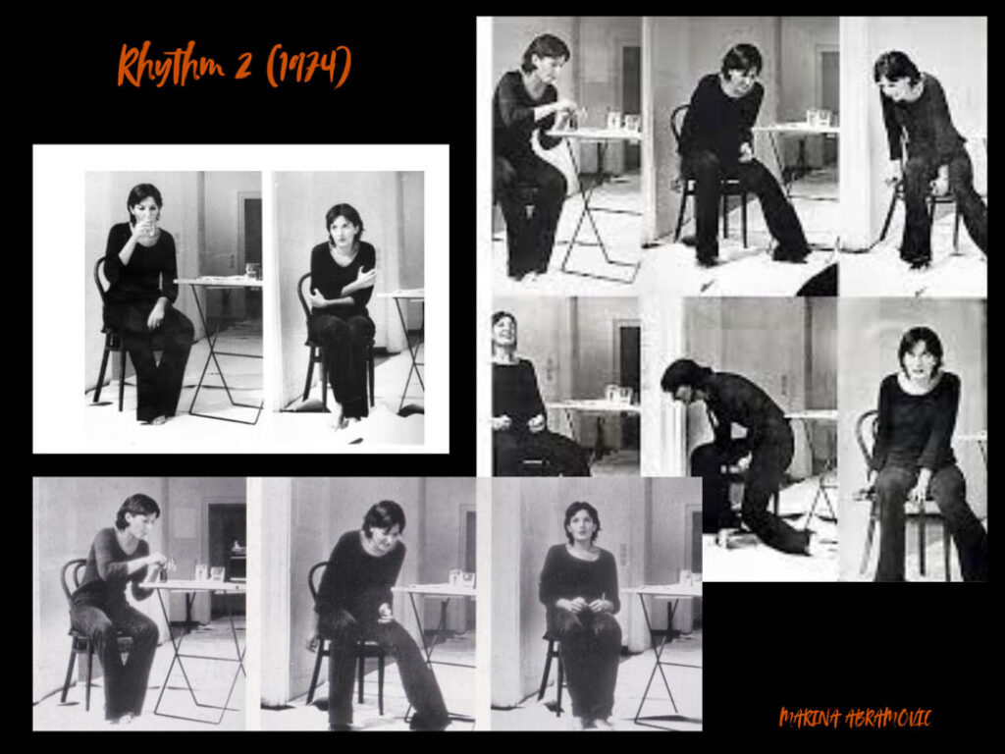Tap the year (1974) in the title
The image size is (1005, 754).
point(309,65)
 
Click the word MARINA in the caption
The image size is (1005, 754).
point(810,718)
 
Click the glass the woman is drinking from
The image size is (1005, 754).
point(149,225)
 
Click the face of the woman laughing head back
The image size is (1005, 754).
point(504,329)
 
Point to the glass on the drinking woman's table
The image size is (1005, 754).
point(252,270)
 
